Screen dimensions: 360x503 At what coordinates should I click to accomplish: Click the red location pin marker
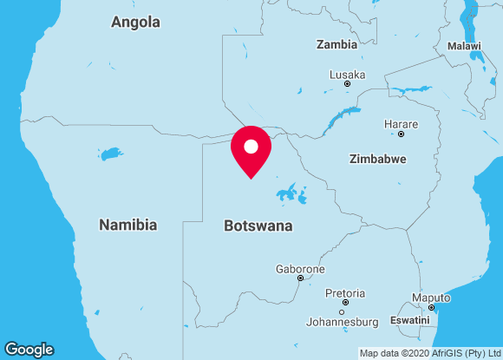pyautogui.click(x=251, y=149)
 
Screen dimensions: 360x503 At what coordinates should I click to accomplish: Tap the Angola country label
pyautogui.click(x=135, y=22)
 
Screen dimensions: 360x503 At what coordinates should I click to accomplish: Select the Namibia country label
pyautogui.click(x=127, y=225)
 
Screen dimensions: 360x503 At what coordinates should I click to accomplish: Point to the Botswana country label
pyautogui.click(x=258, y=226)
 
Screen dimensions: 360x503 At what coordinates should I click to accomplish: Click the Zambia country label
pyautogui.click(x=336, y=44)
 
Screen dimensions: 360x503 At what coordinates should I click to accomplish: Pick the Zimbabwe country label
pyautogui.click(x=377, y=159)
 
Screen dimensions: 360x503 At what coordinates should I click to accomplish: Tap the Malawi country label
pyautogui.click(x=465, y=45)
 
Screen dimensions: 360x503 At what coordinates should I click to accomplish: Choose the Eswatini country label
pyautogui.click(x=410, y=320)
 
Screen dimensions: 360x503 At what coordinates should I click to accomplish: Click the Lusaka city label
pyautogui.click(x=347, y=75)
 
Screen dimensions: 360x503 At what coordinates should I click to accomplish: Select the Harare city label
pyautogui.click(x=401, y=124)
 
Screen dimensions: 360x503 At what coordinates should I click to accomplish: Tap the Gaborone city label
pyautogui.click(x=300, y=269)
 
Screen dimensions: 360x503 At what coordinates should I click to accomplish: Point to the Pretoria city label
pyautogui.click(x=345, y=293)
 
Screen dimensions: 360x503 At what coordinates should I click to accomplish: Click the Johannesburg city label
pyautogui.click(x=343, y=322)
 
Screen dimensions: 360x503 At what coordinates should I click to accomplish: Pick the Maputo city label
pyautogui.click(x=431, y=298)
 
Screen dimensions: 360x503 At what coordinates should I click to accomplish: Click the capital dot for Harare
pyautogui.click(x=401, y=134)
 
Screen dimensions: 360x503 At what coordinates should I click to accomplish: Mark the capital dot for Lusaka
pyautogui.click(x=347, y=84)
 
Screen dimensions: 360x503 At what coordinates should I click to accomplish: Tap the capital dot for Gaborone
pyautogui.click(x=300, y=278)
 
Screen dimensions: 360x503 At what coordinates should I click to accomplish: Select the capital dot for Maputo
pyautogui.click(x=431, y=307)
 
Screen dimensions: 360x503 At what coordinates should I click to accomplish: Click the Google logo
pyautogui.click(x=29, y=350)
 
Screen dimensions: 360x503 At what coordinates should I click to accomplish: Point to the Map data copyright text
pyautogui.click(x=428, y=353)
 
